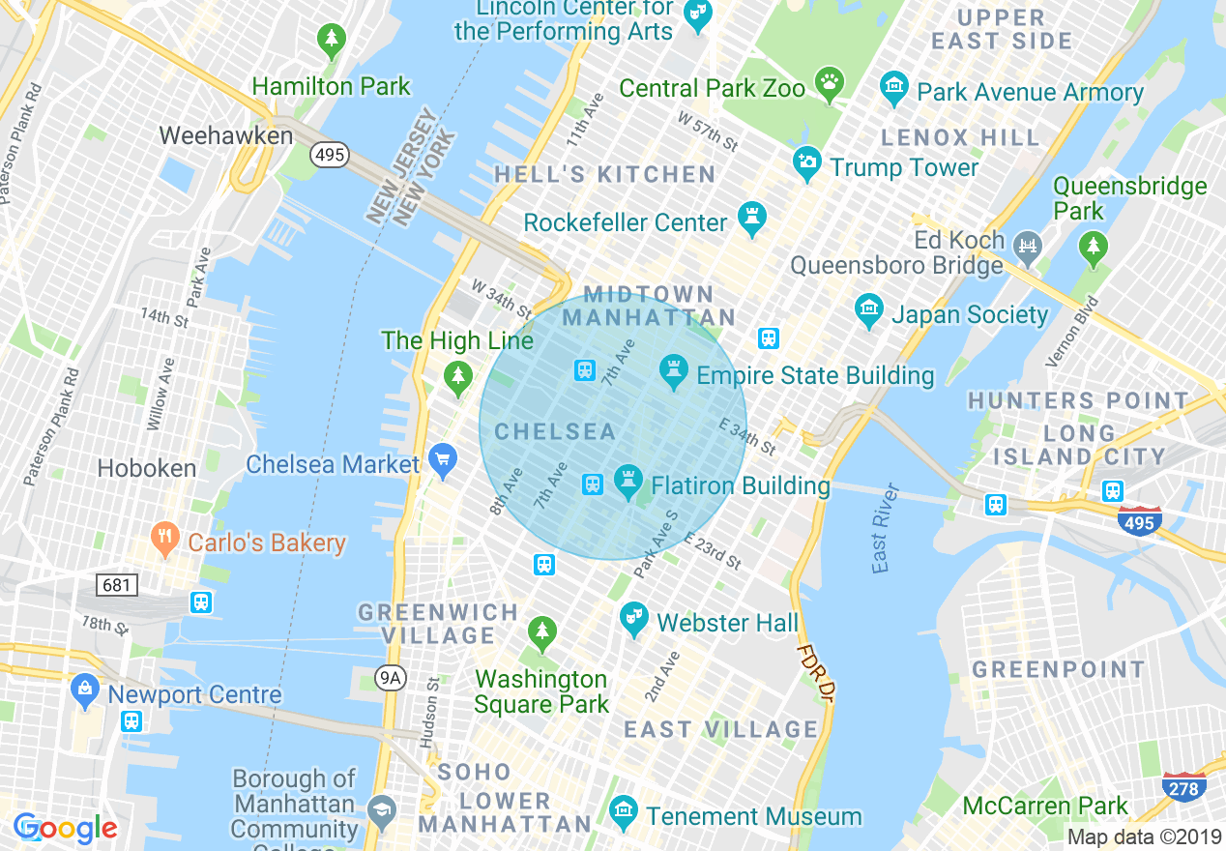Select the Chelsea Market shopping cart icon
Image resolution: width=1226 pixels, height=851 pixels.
444,460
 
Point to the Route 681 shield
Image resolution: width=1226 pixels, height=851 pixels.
117,585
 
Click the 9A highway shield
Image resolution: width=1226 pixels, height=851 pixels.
390,678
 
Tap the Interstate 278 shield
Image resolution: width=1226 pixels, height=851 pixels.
1183,788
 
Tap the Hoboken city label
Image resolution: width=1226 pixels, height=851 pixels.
147,468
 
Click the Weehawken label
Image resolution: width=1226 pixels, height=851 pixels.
225,135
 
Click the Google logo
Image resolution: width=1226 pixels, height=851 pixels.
66,828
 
